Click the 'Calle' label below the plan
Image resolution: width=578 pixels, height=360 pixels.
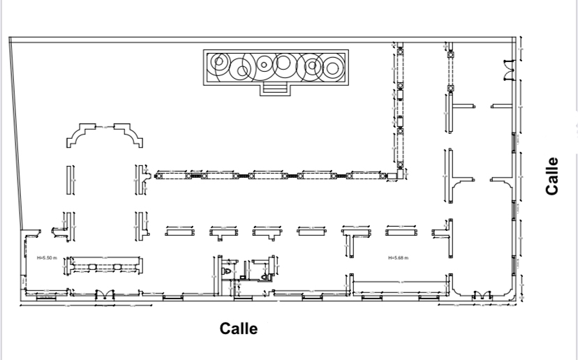point(239,329)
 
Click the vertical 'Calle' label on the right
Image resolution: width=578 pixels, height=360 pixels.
point(553,175)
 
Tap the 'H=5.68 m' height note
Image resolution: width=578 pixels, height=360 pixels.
point(398,258)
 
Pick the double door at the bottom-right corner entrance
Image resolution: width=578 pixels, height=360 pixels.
point(480,297)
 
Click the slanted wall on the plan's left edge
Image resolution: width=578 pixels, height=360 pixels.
point(16,133)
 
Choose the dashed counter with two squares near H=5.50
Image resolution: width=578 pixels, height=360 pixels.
point(105,265)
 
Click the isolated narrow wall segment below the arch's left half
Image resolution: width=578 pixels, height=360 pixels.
point(70,180)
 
